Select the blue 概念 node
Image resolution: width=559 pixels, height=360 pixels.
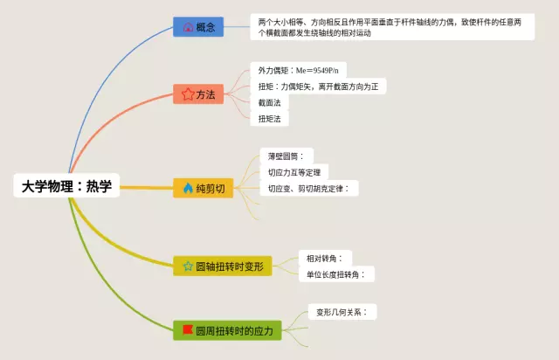(x=198, y=27)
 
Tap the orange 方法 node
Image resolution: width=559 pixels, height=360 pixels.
(x=199, y=94)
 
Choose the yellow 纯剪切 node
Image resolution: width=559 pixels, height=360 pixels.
(x=204, y=188)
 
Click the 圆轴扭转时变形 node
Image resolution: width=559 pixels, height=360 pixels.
(x=223, y=265)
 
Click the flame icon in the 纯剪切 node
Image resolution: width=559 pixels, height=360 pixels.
(x=187, y=188)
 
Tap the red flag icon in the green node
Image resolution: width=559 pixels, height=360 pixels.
(x=186, y=331)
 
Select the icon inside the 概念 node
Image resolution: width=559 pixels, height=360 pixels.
(x=187, y=27)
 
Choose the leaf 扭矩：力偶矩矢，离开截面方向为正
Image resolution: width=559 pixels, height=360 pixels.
(x=319, y=86)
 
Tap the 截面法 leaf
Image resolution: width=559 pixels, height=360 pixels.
(x=270, y=102)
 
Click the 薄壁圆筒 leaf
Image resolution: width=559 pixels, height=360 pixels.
(x=285, y=156)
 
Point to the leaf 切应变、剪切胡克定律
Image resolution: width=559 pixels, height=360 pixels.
(x=308, y=188)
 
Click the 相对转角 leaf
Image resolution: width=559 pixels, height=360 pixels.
(x=323, y=258)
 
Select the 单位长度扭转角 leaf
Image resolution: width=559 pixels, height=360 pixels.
(x=335, y=274)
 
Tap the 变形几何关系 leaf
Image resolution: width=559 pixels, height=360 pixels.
(x=342, y=312)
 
